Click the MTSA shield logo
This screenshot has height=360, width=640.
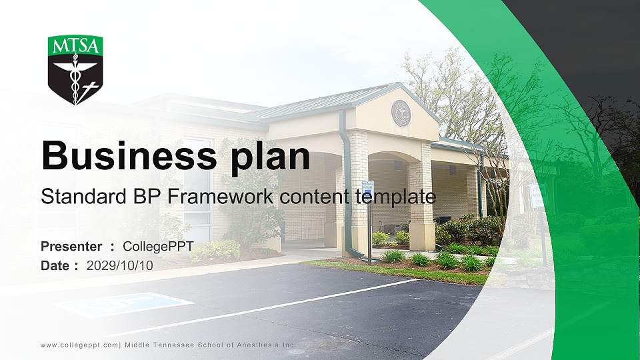(75, 70)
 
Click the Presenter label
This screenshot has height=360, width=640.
(71, 247)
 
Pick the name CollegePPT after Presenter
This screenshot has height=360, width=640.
(158, 247)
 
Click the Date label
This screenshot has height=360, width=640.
(55, 265)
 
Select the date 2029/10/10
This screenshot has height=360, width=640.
(120, 265)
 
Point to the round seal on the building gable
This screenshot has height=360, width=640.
(401, 113)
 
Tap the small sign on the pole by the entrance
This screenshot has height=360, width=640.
(368, 189)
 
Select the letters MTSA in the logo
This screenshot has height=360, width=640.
(75, 46)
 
